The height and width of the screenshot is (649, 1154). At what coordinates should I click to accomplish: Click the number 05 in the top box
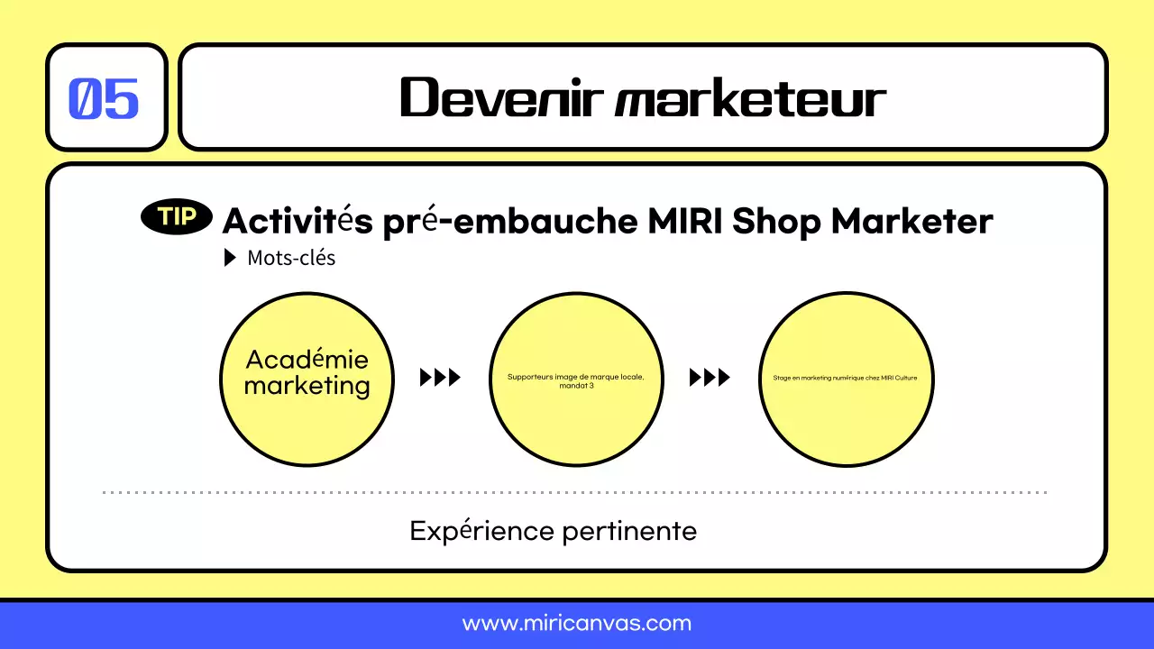105,98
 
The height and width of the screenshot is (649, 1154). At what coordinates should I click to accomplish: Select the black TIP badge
178,217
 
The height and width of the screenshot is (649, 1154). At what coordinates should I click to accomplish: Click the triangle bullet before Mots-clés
230,258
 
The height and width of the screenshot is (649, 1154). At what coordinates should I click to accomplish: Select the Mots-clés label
291,258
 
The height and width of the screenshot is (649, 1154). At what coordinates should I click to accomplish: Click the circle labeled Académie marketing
307,379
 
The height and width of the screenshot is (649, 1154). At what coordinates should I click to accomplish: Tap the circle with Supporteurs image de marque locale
576,379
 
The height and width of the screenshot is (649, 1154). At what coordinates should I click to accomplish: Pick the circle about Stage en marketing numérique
846,379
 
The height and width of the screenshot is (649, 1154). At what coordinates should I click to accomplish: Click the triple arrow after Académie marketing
440,378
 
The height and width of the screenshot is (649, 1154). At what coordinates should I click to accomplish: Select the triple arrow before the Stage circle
710,378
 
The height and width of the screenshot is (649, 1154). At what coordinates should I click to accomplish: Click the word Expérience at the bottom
481,531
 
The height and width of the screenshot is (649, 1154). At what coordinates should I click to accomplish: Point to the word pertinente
629,531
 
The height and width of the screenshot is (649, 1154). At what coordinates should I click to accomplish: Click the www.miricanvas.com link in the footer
577,623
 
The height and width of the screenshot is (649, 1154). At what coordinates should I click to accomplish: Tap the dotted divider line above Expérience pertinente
577,492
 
